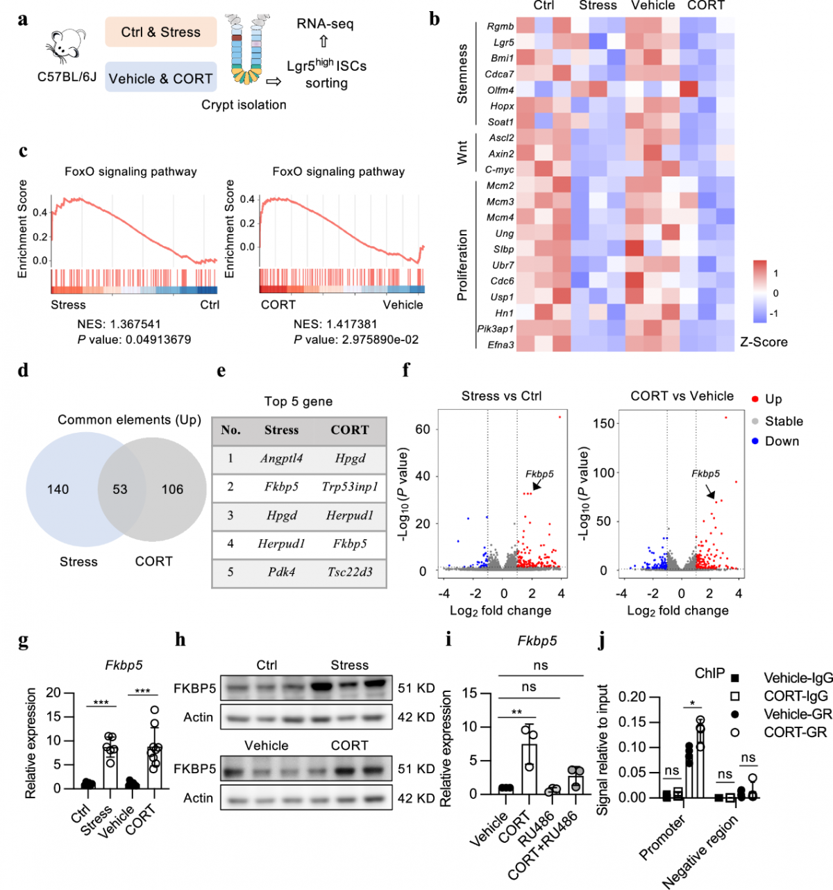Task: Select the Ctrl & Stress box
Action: tap(160, 33)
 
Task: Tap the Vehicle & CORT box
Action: tap(160, 79)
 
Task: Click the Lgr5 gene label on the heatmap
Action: tap(503, 42)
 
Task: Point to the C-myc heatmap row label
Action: tap(499, 170)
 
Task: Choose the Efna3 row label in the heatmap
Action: tap(500, 345)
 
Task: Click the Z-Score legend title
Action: tap(764, 342)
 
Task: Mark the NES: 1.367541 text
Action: tap(119, 324)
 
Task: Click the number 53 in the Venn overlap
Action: tap(120, 489)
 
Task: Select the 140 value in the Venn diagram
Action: tap(58, 489)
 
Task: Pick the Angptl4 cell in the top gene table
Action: tap(281, 459)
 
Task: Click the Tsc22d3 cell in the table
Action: tap(350, 572)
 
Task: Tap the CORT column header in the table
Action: tap(350, 430)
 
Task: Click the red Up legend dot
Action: tap(755, 399)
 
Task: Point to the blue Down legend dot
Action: tap(755, 441)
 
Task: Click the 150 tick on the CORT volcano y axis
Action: tap(604, 423)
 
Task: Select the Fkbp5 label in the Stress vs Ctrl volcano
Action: tap(539, 474)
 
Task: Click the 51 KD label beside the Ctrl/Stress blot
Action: tap(416, 689)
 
